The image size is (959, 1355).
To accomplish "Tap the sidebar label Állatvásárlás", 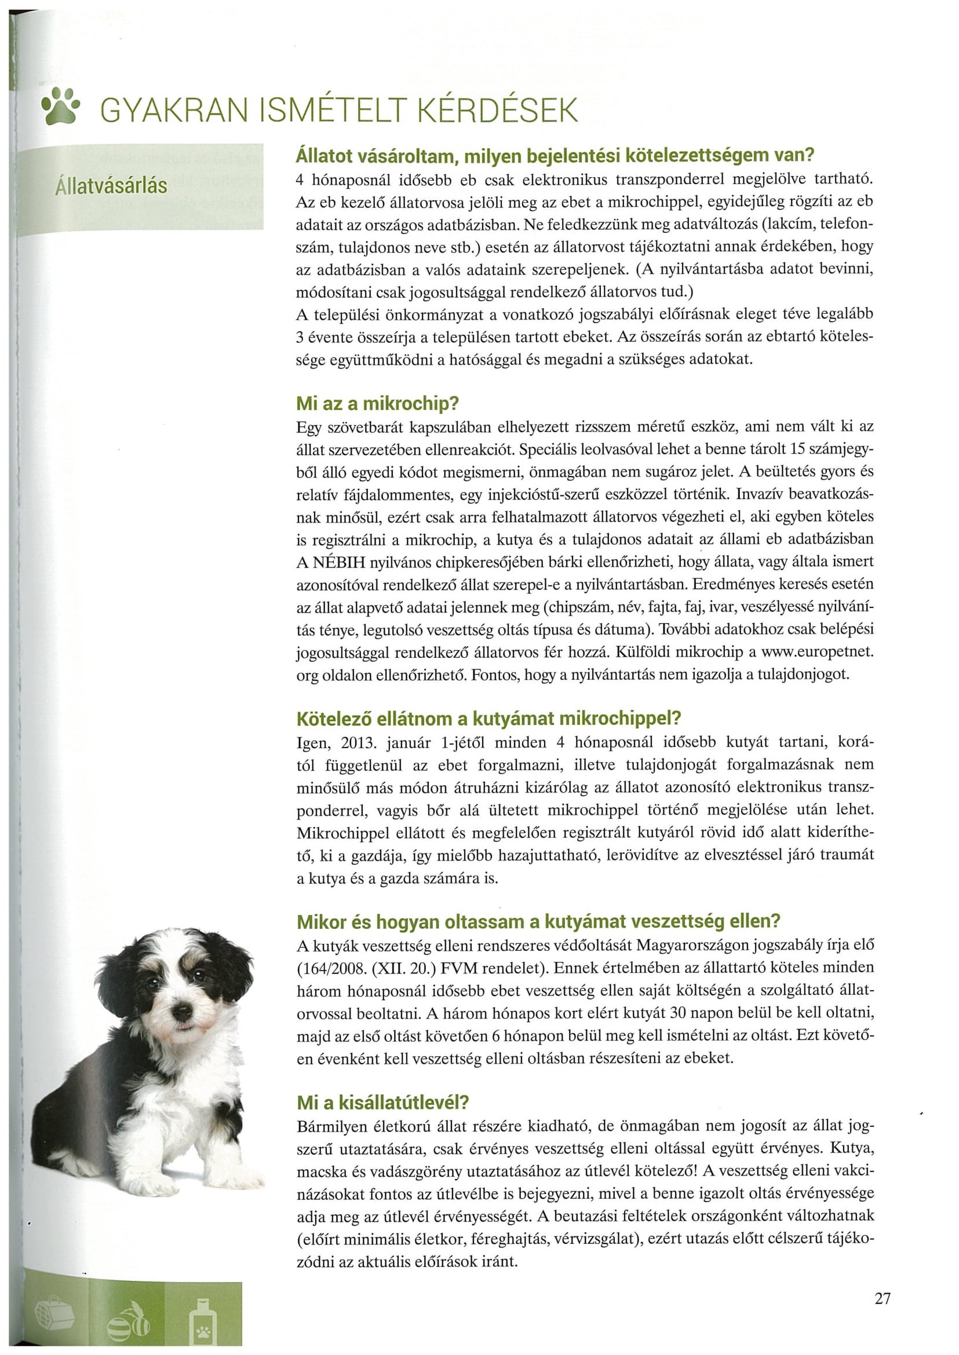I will pos(111,186).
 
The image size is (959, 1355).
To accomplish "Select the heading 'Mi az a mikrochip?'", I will pos(377,404).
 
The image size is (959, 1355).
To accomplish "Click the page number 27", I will pos(883,1298).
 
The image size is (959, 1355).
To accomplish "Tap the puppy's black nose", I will pos(182,1012).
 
